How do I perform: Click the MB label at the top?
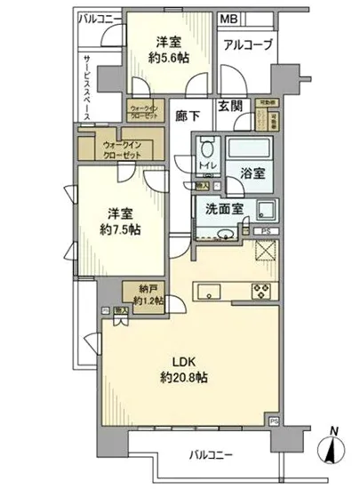point(228,18)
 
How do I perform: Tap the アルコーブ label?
point(246,45)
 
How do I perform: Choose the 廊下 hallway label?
point(187,114)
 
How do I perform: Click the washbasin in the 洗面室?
point(224,235)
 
